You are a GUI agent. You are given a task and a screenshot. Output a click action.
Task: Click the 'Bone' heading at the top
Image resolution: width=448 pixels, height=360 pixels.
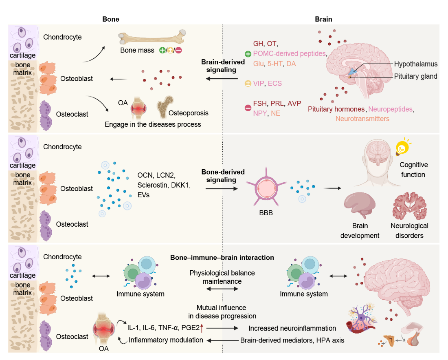[111, 19]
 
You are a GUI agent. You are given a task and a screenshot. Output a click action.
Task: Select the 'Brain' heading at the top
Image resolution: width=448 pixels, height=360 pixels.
[323, 19]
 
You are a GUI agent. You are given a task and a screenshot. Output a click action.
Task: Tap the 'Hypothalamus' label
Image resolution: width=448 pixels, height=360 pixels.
[415, 64]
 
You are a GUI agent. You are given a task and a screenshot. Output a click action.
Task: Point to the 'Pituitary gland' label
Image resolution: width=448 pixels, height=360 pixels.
[415, 76]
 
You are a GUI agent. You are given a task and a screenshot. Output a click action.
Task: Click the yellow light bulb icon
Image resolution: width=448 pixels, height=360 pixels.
[403, 147]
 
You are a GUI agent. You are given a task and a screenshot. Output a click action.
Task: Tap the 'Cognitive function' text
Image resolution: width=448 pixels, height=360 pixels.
[413, 170]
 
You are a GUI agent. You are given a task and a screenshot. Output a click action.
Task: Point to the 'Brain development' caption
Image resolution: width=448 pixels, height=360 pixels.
[360, 230]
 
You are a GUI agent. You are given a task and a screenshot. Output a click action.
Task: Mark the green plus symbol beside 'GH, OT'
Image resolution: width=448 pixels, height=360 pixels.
[247, 54]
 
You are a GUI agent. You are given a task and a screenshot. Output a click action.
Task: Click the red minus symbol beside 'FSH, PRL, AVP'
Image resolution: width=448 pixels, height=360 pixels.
[247, 108]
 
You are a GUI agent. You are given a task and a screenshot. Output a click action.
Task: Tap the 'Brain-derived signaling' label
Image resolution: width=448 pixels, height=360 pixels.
[223, 66]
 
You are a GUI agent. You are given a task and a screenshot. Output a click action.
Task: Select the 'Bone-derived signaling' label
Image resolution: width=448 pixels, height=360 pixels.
[223, 176]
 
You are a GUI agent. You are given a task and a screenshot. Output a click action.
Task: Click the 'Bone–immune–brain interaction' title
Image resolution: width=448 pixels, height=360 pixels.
[222, 258]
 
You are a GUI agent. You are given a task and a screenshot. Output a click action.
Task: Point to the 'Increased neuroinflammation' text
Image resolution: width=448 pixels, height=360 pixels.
[292, 328]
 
